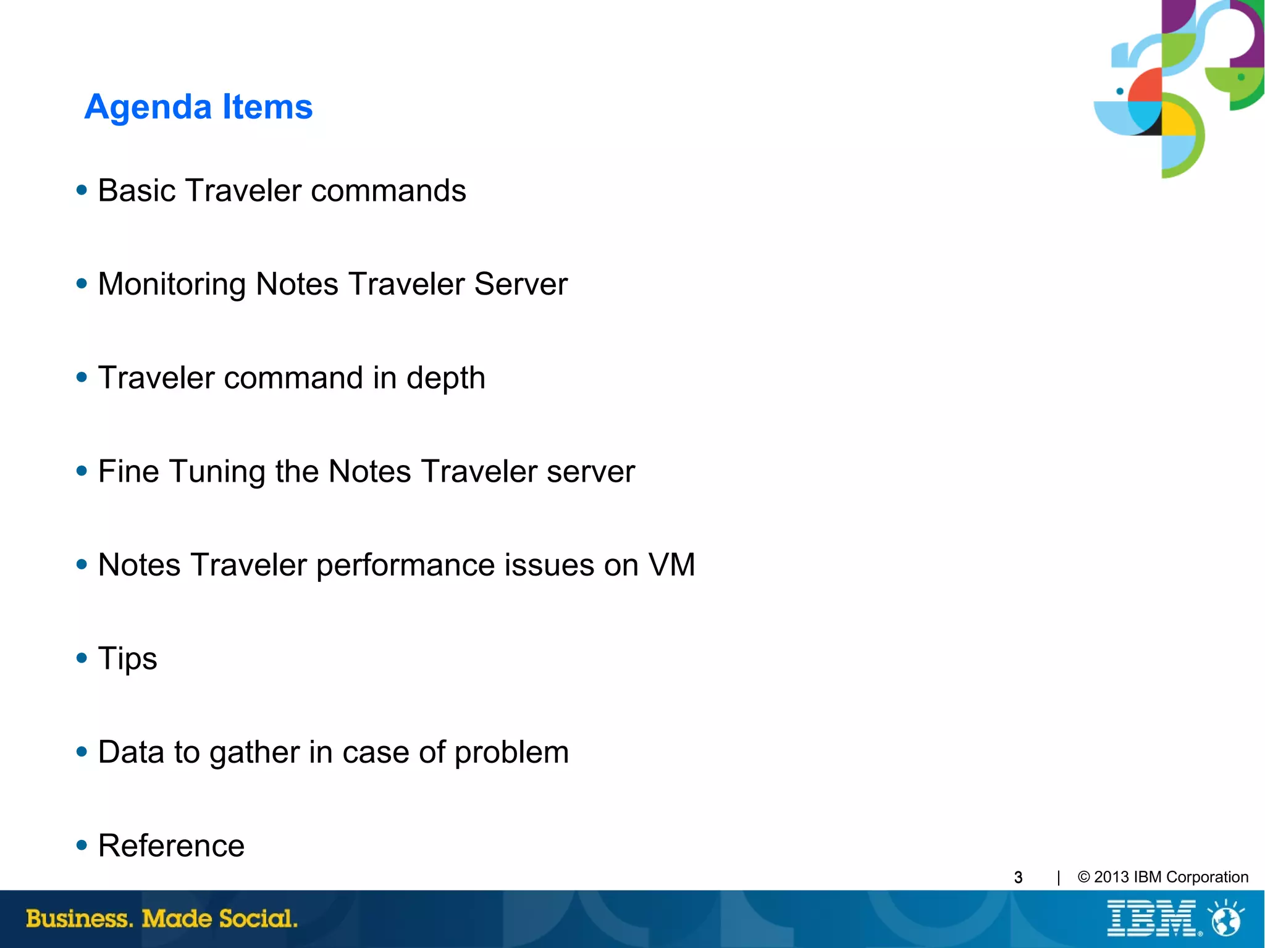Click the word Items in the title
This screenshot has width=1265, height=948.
coord(267,107)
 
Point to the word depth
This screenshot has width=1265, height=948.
coord(445,378)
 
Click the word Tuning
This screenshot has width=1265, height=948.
coord(217,472)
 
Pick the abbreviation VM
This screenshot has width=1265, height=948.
coord(671,565)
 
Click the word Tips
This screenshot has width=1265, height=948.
coord(127,659)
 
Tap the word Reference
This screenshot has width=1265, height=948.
coord(171,845)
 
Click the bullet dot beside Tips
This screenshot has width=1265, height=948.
coord(82,658)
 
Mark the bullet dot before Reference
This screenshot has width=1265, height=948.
coord(82,845)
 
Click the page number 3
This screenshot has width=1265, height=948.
coord(1018,878)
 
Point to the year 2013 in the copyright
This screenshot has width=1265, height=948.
coord(1111,877)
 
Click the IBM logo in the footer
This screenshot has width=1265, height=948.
coord(1152,918)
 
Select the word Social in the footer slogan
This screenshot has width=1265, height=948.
coord(258,918)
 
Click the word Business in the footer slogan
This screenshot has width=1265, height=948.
coord(80,918)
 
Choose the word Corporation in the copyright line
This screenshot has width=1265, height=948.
coord(1207,877)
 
